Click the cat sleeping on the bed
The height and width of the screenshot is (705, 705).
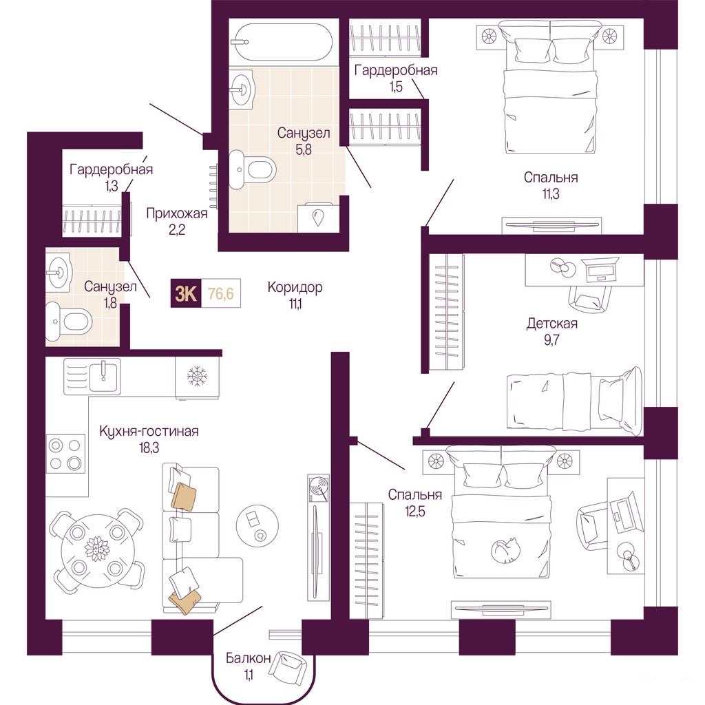(x=505, y=550)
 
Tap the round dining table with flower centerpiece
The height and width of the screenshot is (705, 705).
(x=95, y=549)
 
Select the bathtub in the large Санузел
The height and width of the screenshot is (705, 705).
(x=281, y=42)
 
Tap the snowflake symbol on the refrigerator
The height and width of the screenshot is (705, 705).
(x=196, y=376)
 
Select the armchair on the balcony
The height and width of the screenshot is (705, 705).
(x=288, y=669)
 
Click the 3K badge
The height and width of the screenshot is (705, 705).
(x=186, y=293)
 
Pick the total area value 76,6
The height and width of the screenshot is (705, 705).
(x=221, y=294)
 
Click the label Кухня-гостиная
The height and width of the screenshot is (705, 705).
(x=149, y=431)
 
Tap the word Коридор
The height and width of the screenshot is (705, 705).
(x=295, y=287)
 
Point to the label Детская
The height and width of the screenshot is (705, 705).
(x=551, y=324)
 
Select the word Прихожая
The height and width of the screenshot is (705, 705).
(x=177, y=213)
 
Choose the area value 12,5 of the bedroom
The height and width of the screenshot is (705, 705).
(x=414, y=512)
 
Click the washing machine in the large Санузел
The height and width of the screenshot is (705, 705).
(x=318, y=218)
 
